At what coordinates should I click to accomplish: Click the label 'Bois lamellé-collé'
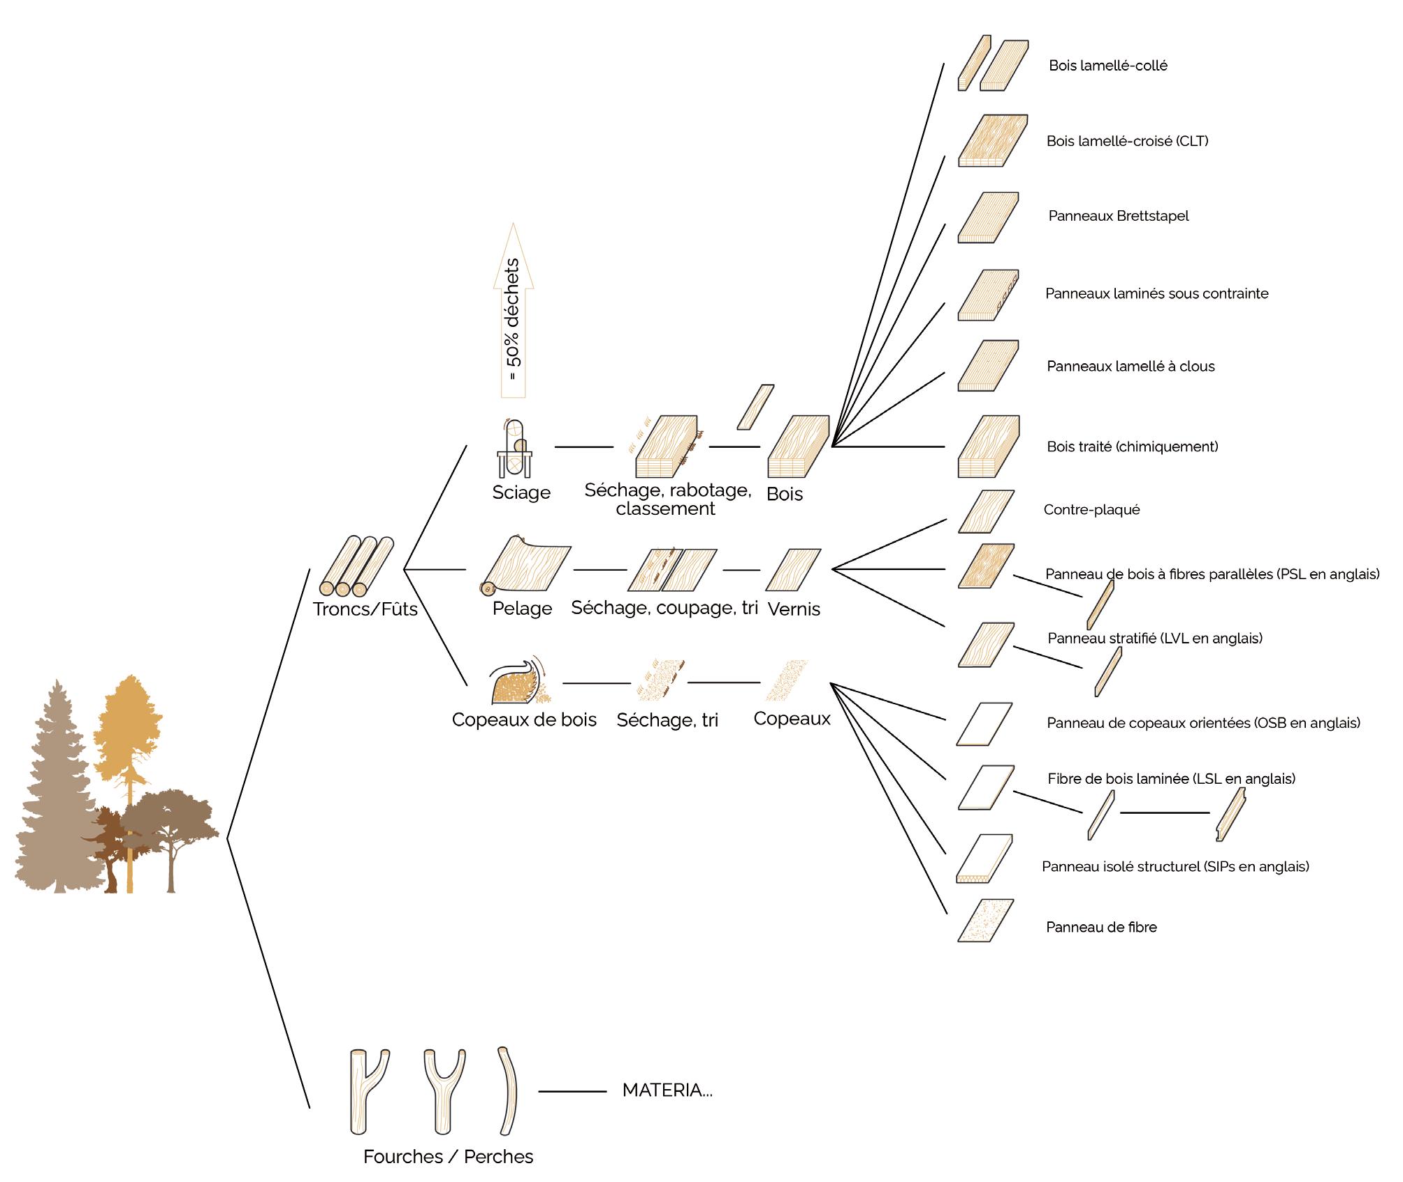pos(1107,66)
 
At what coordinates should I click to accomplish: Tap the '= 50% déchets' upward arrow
pos(514,311)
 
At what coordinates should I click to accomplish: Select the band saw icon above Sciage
pos(514,448)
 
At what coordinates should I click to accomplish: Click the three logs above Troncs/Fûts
pos(357,566)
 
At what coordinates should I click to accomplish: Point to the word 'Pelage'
pos(522,608)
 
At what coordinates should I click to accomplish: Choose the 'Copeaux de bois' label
pos(524,720)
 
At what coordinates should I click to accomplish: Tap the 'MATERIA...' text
pos(667,1090)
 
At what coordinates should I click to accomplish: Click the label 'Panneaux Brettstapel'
pos(1118,216)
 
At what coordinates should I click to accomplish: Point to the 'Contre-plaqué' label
pos(1091,510)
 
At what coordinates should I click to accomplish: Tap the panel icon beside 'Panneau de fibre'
pos(986,921)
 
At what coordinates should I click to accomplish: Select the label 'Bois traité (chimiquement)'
pos(1132,446)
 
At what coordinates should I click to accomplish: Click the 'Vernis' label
pos(794,609)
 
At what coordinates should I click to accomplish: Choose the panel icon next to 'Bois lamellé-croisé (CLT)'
pos(992,140)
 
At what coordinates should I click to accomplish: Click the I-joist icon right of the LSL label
pos(1230,815)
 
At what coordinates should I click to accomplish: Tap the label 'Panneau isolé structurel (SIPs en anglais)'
pos(1175,867)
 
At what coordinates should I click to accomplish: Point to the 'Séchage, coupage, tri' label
pos(664,608)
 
